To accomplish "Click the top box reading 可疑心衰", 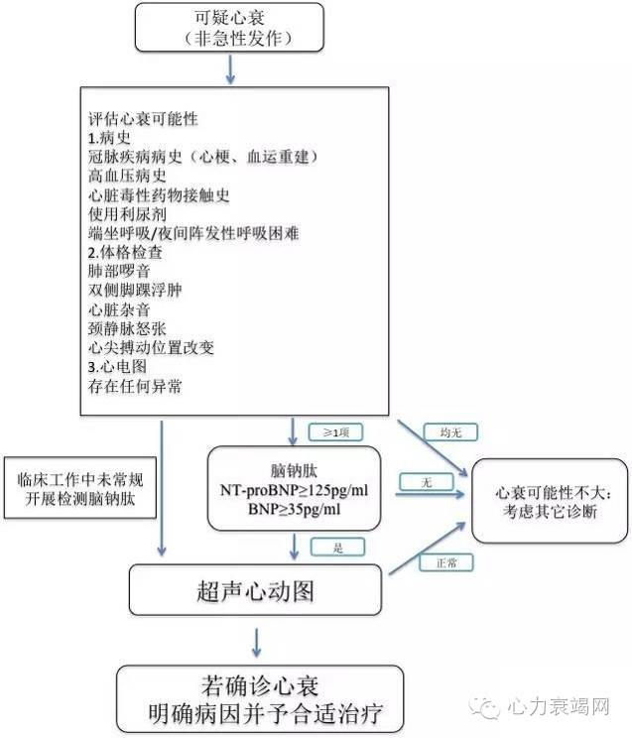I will point(230,27).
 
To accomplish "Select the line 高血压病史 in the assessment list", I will point(129,176).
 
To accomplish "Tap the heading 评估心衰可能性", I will point(143,119).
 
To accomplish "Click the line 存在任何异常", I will point(135,386).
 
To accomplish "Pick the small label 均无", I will point(437,432).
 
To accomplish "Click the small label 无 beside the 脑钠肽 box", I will point(425,482).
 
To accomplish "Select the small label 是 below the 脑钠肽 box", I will point(338,547).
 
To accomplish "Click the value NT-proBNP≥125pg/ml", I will point(295,491).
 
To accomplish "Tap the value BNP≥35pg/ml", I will point(295,510).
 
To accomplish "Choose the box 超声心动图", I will point(257,592).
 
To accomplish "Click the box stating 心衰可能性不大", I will point(550,501).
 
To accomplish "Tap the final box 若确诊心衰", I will point(260,698).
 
